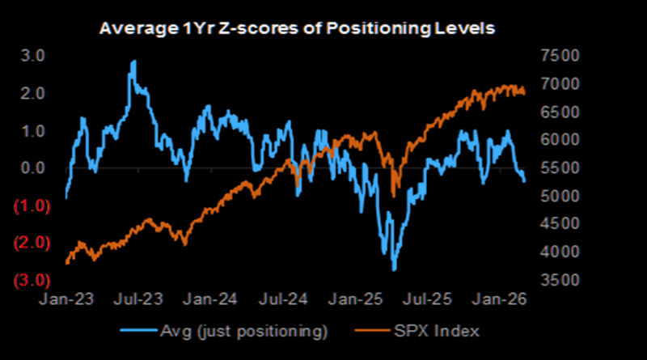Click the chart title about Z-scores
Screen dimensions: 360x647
tap(296, 29)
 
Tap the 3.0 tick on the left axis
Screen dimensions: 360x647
tap(33, 56)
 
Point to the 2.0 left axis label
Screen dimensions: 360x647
tap(33, 94)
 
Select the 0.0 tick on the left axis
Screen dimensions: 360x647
tap(33, 168)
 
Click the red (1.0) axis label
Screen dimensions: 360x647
tap(32, 205)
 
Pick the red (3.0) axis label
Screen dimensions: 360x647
tap(32, 280)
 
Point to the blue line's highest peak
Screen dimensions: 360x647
tap(133, 61)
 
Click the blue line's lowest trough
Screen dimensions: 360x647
tap(394, 269)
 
